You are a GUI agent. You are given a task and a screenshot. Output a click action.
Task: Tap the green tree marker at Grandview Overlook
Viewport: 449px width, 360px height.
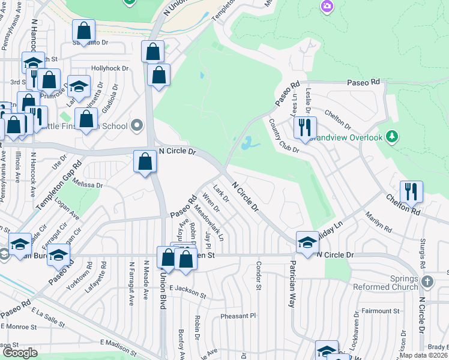click(x=392, y=137)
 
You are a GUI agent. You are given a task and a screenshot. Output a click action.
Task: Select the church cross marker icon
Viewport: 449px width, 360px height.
click(x=427, y=281)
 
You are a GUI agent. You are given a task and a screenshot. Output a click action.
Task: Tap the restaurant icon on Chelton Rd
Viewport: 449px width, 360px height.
click(x=411, y=191)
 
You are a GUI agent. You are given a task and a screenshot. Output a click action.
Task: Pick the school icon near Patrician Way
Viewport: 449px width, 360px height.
click(x=307, y=242)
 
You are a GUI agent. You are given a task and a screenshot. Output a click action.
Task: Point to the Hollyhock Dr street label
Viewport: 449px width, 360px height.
click(x=110, y=68)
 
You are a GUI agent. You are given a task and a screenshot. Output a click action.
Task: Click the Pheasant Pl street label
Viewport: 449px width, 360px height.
click(x=238, y=316)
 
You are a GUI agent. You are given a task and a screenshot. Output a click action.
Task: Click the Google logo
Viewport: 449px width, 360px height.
click(x=20, y=353)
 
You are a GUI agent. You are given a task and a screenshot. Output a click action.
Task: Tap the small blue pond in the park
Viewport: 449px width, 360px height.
click(x=247, y=143)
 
